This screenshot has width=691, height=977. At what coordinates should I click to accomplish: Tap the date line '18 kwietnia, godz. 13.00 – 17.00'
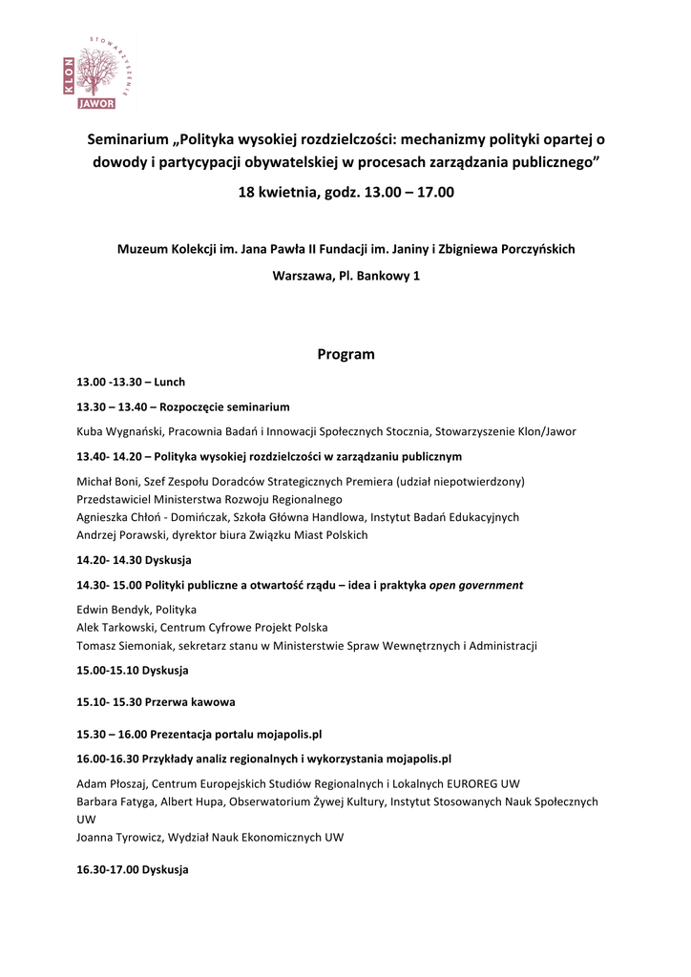345,192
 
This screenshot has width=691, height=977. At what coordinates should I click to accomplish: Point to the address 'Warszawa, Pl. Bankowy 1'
345,276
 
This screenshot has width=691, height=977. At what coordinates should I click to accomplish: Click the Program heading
345,354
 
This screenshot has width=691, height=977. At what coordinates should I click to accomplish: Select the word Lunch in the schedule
169,382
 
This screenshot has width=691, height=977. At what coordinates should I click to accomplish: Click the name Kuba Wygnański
119,431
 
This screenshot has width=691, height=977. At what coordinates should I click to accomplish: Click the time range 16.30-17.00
107,870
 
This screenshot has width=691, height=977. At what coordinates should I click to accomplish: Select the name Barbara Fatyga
115,801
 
